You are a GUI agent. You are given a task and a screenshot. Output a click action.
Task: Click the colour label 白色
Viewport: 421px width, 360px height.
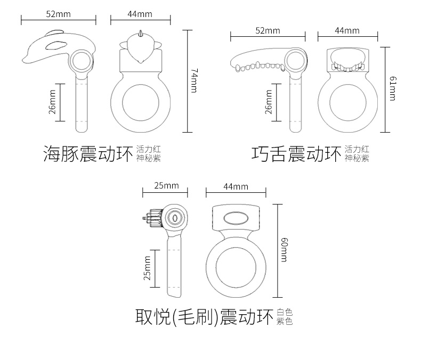tap(285, 312)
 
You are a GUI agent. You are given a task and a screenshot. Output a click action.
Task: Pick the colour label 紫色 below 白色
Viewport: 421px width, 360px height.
tap(285, 321)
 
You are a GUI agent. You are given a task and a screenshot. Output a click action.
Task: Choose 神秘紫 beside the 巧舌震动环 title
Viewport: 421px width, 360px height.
tap(357, 158)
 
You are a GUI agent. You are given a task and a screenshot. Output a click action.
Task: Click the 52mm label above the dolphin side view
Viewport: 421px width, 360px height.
tap(58, 14)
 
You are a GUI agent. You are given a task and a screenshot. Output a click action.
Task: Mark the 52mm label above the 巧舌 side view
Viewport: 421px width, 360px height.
tap(268, 30)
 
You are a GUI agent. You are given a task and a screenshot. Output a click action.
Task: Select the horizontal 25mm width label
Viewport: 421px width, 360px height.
tap(166, 185)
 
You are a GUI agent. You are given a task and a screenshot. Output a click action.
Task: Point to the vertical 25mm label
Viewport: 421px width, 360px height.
tap(148, 268)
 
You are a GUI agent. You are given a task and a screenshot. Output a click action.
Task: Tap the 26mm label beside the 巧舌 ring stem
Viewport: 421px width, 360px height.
tap(269, 101)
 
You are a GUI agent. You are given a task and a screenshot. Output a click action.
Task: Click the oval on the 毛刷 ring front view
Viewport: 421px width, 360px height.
tap(234, 218)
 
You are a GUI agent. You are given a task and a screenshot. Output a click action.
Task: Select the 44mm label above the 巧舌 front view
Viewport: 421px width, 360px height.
tap(347, 30)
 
